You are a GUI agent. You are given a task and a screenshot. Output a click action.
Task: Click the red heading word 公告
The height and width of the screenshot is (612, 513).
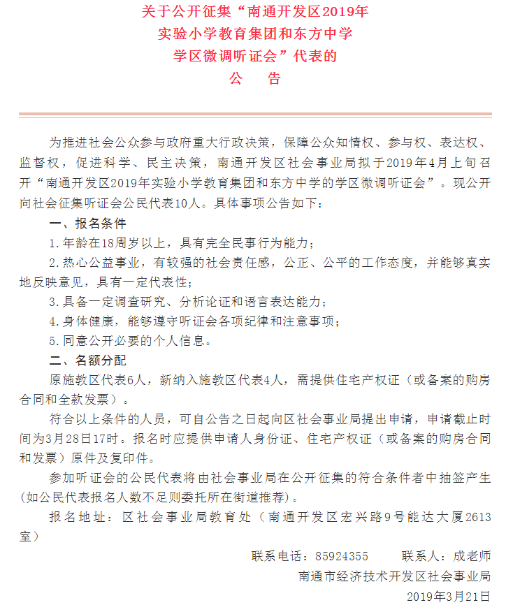[255, 78]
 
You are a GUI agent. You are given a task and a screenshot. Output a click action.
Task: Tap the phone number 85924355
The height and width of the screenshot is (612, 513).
[342, 556]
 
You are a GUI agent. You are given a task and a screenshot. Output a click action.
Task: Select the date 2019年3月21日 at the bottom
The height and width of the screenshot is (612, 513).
[449, 597]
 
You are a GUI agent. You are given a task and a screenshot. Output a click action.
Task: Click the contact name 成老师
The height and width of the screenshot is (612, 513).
[472, 556]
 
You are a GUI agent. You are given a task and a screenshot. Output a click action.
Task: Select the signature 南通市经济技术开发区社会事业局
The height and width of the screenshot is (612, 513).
[394, 576]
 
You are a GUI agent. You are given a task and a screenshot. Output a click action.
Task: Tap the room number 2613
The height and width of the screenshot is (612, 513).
[477, 517]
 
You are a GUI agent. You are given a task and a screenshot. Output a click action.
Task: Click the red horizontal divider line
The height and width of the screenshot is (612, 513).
[255, 114]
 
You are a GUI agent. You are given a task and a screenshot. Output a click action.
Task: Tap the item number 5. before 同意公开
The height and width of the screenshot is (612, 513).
[53, 341]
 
